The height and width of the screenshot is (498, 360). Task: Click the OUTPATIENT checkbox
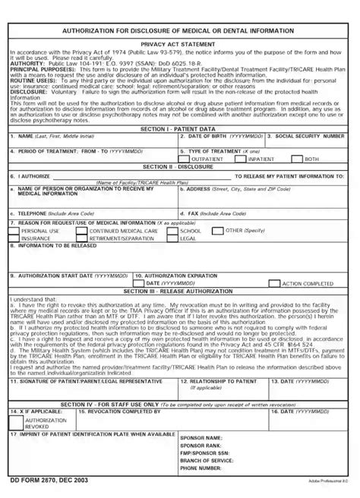[x=188, y=159]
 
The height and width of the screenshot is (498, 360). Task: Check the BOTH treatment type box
[x=298, y=159]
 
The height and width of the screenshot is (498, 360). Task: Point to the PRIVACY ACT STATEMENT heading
[x=179, y=45]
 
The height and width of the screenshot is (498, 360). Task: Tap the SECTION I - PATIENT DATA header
[x=179, y=130]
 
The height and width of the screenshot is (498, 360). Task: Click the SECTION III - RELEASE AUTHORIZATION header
[x=179, y=291]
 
